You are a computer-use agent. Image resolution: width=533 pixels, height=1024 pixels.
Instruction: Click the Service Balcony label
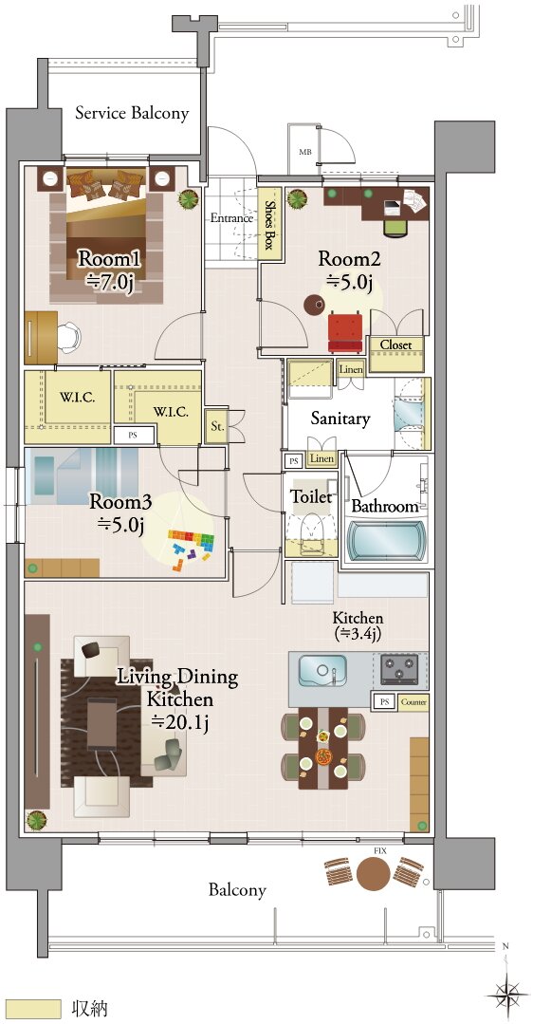(x=132, y=113)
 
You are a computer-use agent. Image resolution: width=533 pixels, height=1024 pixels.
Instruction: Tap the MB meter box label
(x=304, y=152)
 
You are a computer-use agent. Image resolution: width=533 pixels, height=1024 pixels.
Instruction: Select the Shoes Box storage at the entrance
(x=268, y=224)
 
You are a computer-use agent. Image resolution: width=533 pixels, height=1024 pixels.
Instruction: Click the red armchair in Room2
(x=345, y=332)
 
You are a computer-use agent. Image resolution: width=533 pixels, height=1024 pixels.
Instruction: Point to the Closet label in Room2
(x=395, y=344)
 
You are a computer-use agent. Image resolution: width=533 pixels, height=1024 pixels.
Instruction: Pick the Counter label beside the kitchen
(x=413, y=702)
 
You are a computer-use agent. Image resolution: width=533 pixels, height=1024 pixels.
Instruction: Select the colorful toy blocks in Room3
(x=190, y=547)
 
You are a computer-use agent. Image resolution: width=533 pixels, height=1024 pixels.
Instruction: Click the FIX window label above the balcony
(x=377, y=851)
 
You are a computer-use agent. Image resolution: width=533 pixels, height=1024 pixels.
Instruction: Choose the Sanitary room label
(x=340, y=419)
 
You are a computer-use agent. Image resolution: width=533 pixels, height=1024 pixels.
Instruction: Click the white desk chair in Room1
(x=68, y=337)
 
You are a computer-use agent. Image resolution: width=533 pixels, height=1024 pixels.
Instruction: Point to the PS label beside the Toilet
(x=294, y=462)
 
